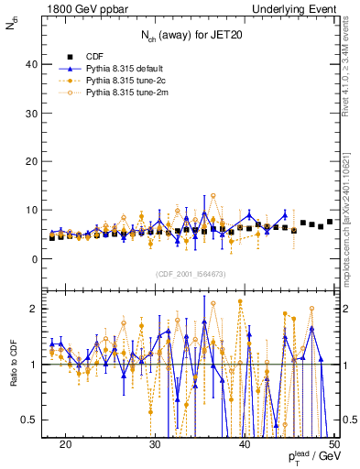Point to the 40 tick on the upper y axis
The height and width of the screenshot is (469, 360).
[36, 64]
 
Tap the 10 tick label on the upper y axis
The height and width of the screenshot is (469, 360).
[36, 210]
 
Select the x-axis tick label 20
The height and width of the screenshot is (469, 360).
[65, 442]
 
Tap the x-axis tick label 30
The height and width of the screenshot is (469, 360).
[155, 442]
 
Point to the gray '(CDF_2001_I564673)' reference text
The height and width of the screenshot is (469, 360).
[191, 274]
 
